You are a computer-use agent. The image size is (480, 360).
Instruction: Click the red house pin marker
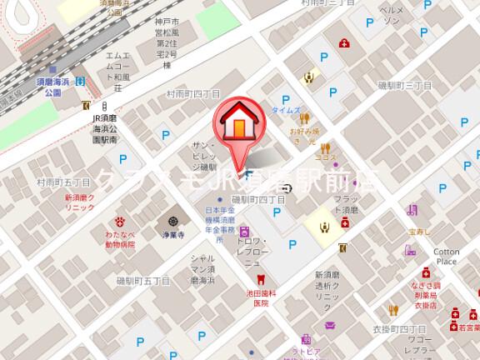click(237, 125)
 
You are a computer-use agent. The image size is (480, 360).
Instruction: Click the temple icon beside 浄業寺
click(172, 222)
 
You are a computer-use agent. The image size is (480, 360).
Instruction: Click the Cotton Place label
click(446, 256)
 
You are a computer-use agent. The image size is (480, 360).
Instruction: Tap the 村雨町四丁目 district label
click(192, 95)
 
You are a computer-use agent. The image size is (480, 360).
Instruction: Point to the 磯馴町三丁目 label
click(404, 85)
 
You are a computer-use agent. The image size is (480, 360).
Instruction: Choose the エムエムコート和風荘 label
click(114, 71)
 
